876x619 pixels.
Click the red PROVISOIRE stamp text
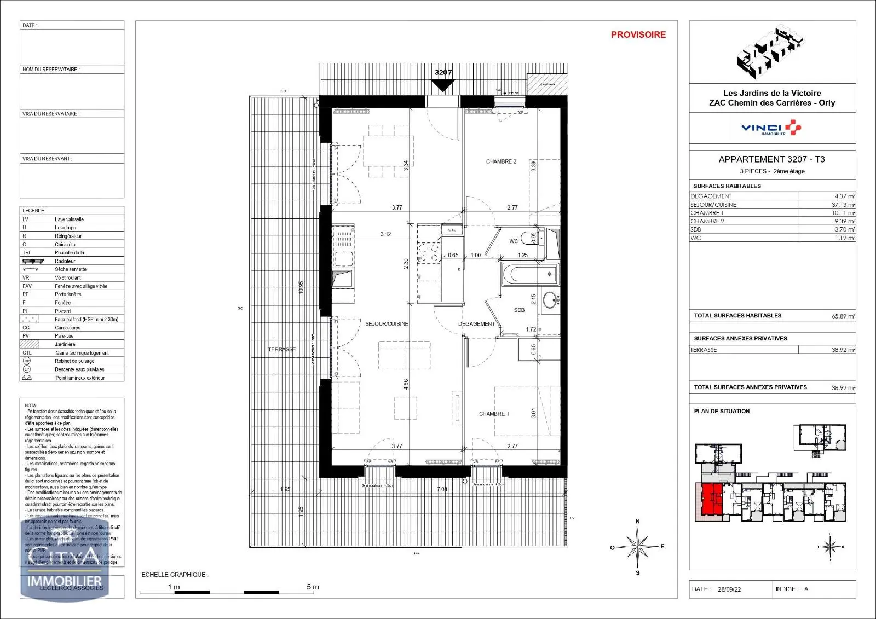tap(638, 34)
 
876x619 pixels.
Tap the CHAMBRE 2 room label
tap(501, 161)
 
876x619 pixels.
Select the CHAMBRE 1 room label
tap(494, 414)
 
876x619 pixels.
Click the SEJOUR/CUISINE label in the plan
tap(387, 324)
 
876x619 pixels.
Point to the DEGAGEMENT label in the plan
tap(476, 324)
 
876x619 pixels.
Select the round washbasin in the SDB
tap(550, 300)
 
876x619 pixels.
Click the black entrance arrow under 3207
tap(442, 85)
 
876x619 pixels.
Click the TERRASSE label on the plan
tap(281, 349)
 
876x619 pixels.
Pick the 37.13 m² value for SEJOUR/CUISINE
tap(843, 205)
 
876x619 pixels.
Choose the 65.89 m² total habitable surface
tap(843, 316)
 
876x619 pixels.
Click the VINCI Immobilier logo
tap(771, 129)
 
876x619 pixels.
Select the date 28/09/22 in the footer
tap(729, 589)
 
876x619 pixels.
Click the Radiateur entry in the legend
tap(65, 261)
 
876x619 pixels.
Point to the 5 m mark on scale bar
tap(313, 587)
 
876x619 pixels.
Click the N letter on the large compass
tap(637, 522)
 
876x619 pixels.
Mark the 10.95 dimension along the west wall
tap(301, 288)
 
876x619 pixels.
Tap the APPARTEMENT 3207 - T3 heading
tap(771, 159)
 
